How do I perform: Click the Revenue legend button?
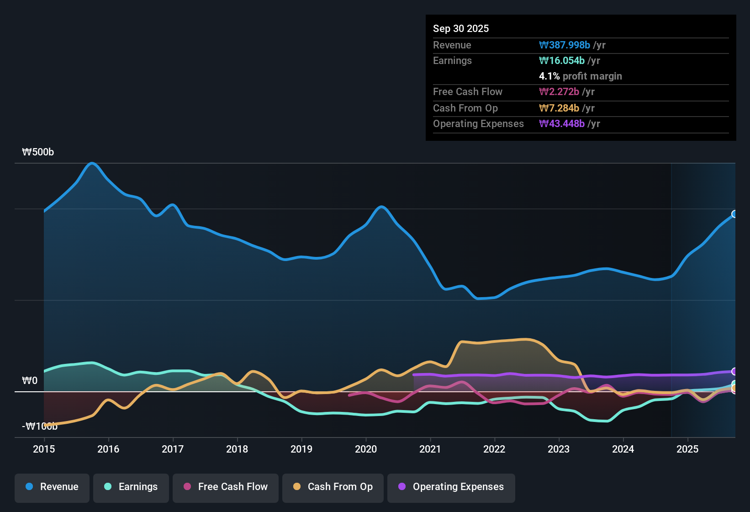point(52,487)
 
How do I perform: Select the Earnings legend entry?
point(131,487)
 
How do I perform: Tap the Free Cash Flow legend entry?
point(226,487)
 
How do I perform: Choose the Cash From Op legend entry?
point(333,487)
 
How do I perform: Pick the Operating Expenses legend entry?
point(451,487)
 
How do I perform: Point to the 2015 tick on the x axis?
point(44,449)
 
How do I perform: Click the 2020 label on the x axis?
point(366,449)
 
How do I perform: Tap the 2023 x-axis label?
point(559,449)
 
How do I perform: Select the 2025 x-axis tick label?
point(687,449)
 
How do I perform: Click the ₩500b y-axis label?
point(38,152)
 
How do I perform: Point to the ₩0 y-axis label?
point(30,381)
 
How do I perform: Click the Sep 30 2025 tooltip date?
point(461,28)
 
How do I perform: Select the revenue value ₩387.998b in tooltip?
point(565,45)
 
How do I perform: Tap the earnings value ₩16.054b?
point(562,60)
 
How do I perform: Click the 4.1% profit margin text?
point(581,76)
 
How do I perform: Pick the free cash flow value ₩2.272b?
point(559,91)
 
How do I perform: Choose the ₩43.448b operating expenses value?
point(562,123)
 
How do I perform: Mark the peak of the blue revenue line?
point(92,163)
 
